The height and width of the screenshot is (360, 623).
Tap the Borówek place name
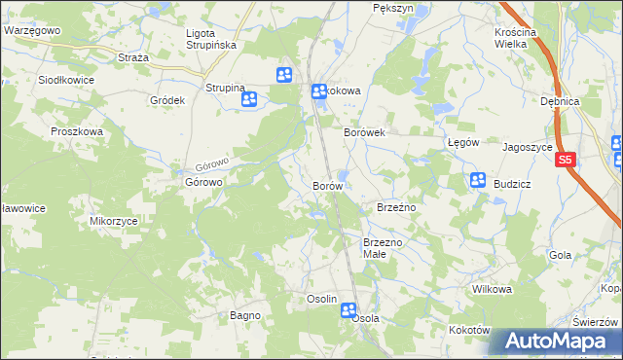pos(365,131)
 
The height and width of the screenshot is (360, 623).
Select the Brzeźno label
pos(396,207)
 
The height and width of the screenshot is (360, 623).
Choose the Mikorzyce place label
pos(114,221)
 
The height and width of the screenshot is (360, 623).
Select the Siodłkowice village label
pos(67,80)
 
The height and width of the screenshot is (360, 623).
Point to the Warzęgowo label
pos(33,30)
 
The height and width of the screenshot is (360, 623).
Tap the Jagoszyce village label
pos(527,148)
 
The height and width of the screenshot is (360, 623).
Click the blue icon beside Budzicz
pos(478,180)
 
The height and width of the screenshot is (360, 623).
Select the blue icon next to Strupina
pos(250,98)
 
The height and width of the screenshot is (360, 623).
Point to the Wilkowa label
pos(492,290)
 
